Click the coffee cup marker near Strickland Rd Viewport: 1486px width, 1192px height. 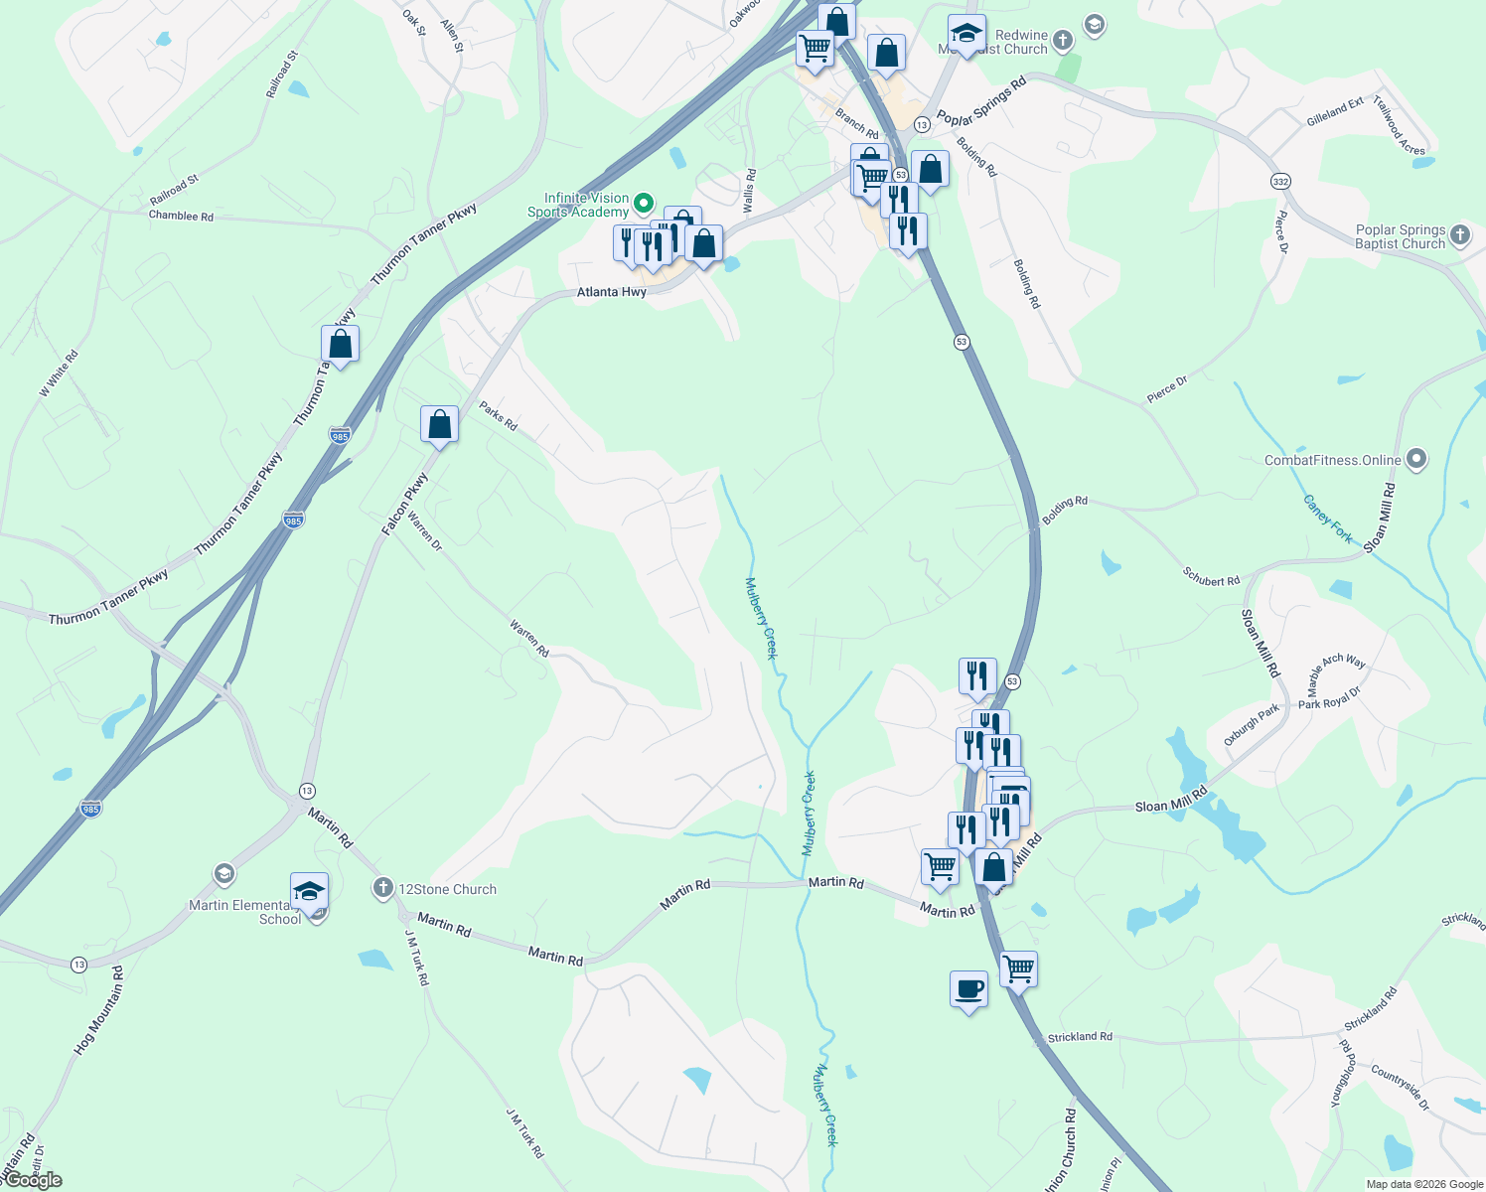pos(968,989)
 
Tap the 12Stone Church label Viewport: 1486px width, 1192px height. pos(447,889)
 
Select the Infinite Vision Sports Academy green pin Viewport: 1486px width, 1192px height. pos(644,204)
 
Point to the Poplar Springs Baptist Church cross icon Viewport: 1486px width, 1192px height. pos(1459,234)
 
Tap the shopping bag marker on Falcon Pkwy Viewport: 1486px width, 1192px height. pos(439,425)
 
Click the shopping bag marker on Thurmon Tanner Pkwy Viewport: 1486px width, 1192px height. pos(340,345)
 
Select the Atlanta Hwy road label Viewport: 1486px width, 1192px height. pos(612,292)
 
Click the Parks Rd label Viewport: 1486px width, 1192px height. pos(499,415)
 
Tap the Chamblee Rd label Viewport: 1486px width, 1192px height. pos(181,216)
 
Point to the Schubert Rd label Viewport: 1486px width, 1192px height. pos(1211,576)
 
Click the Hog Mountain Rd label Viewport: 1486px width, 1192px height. pos(99,1010)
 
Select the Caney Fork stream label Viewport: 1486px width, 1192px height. pos(1328,519)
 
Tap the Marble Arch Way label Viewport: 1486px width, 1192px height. pos(1336,672)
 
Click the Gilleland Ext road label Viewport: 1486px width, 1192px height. pos(1335,111)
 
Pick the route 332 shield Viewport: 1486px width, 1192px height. pos(1280,181)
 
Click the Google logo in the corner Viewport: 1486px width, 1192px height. pos(33,1179)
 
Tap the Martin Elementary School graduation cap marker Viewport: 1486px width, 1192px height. pos(309,891)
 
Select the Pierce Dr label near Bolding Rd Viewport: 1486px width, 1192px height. pos(1166,388)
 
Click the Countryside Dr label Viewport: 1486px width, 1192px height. pos(1400,1088)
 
